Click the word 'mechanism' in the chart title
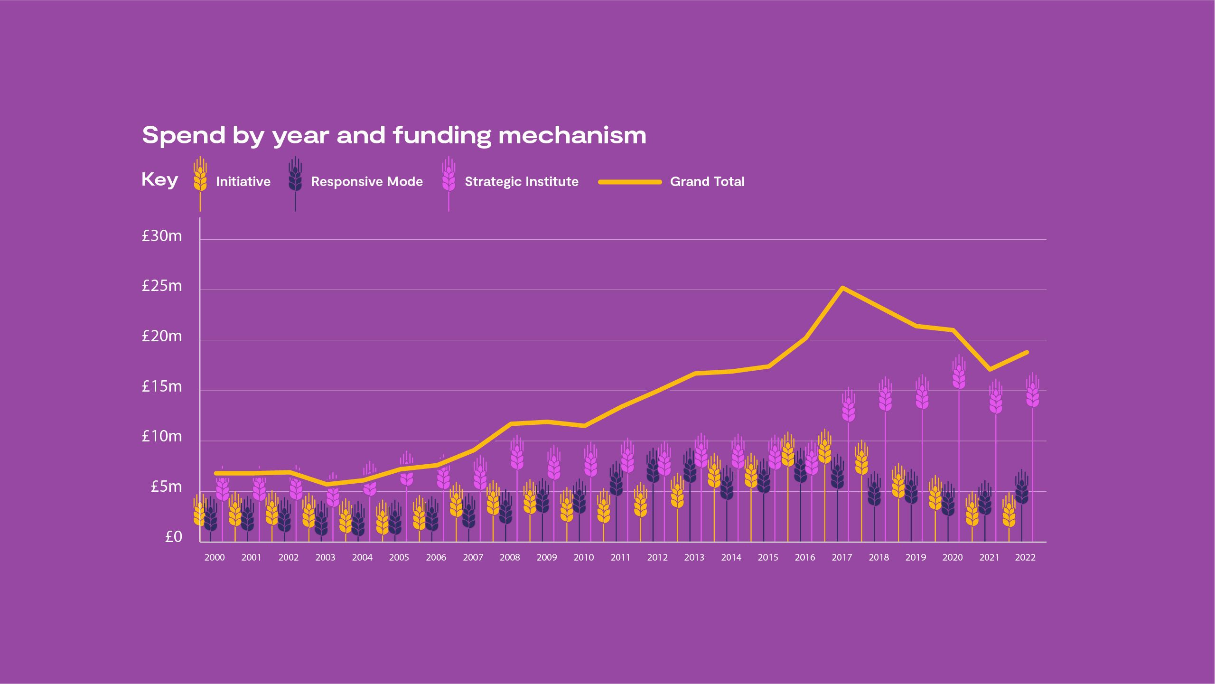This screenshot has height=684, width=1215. click(572, 136)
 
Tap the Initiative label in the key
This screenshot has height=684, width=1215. click(243, 182)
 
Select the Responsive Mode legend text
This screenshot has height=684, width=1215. click(366, 182)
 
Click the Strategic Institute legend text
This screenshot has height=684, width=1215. click(521, 182)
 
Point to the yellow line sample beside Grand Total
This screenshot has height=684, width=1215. click(630, 182)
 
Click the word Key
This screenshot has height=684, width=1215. click(159, 180)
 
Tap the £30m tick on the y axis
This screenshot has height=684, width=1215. click(162, 236)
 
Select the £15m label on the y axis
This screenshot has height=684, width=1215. click(162, 387)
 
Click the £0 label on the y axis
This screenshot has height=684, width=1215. click(173, 537)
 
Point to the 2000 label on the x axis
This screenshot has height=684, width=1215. click(215, 558)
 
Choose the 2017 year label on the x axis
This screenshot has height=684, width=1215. click(841, 558)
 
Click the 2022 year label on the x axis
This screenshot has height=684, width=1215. click(1025, 558)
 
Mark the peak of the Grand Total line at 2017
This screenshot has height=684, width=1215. click(842, 288)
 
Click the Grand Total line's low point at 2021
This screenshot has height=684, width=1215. click(989, 369)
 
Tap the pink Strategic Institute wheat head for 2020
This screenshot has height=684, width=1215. click(959, 375)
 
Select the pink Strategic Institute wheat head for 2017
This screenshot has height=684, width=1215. click(849, 407)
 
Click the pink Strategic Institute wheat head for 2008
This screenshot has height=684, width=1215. click(517, 455)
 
